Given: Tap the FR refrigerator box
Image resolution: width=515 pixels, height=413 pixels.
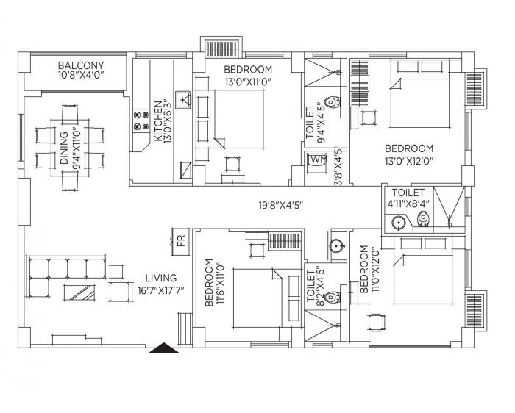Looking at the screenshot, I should click(x=180, y=241).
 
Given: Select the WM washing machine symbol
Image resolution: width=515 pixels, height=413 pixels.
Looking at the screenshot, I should click(x=318, y=159).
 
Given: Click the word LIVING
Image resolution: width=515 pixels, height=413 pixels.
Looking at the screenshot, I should click(x=160, y=278).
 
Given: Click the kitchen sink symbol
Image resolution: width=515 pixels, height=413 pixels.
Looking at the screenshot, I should click(x=185, y=98).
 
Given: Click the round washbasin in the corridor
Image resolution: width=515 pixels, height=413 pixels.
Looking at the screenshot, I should click(x=338, y=246).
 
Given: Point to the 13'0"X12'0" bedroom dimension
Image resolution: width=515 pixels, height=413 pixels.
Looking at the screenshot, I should click(x=408, y=159).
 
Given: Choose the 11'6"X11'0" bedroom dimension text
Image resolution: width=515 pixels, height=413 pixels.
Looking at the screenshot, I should click(x=219, y=282).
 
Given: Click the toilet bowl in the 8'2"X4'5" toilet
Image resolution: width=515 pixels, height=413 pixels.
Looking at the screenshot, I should click(x=332, y=297).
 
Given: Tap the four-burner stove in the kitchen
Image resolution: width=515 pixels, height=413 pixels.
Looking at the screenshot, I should click(x=137, y=121).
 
